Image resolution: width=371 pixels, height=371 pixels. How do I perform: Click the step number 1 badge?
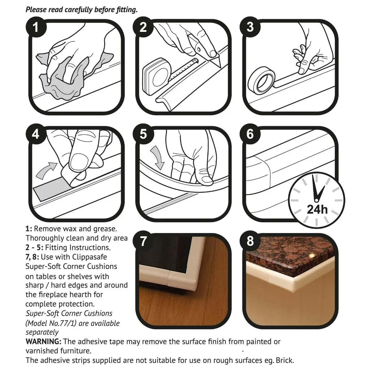[x=36, y=28]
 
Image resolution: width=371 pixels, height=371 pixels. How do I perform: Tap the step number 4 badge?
[x=36, y=134]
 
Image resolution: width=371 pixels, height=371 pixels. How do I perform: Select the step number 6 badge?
[x=250, y=134]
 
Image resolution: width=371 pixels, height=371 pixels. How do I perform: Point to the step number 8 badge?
[x=250, y=241]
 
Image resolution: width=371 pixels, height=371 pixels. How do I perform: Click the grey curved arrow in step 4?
[x=46, y=170]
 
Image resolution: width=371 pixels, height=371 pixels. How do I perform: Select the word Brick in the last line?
[x=284, y=360]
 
